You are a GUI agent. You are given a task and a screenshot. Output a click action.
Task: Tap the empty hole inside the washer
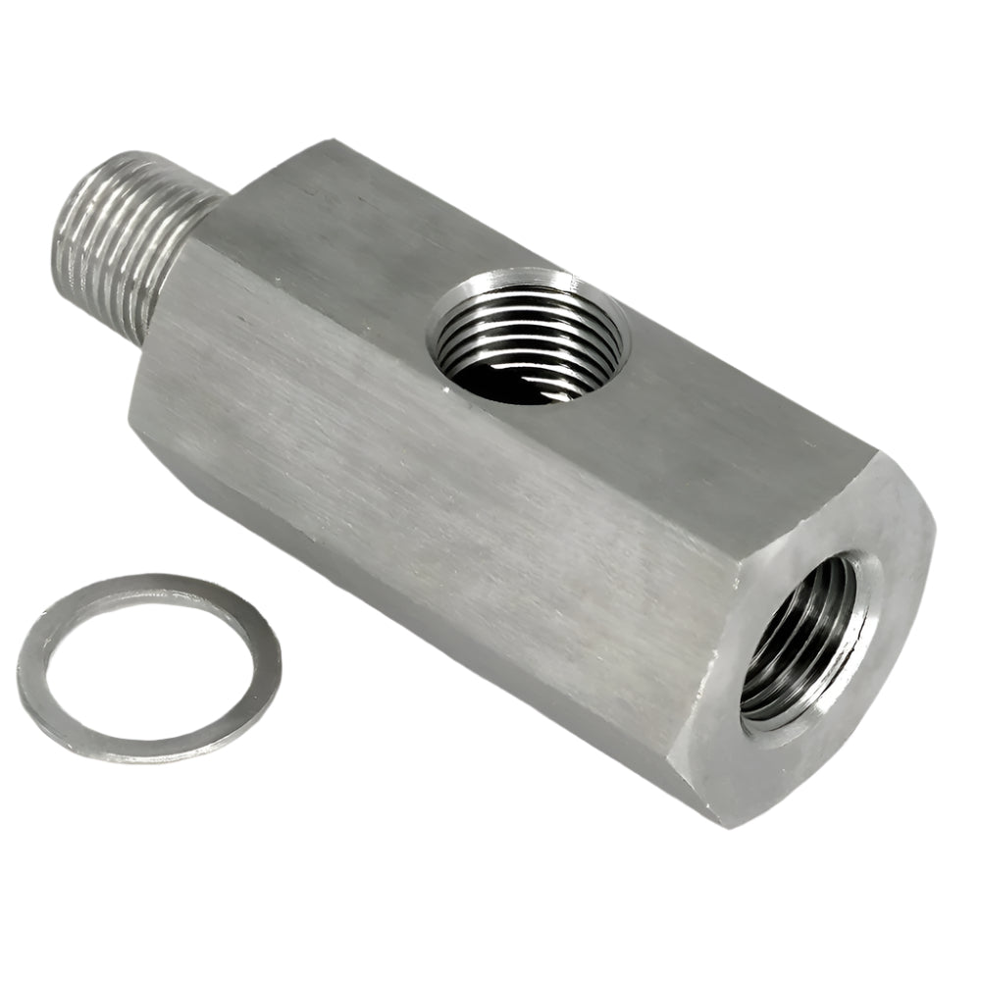tap(147, 667)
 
